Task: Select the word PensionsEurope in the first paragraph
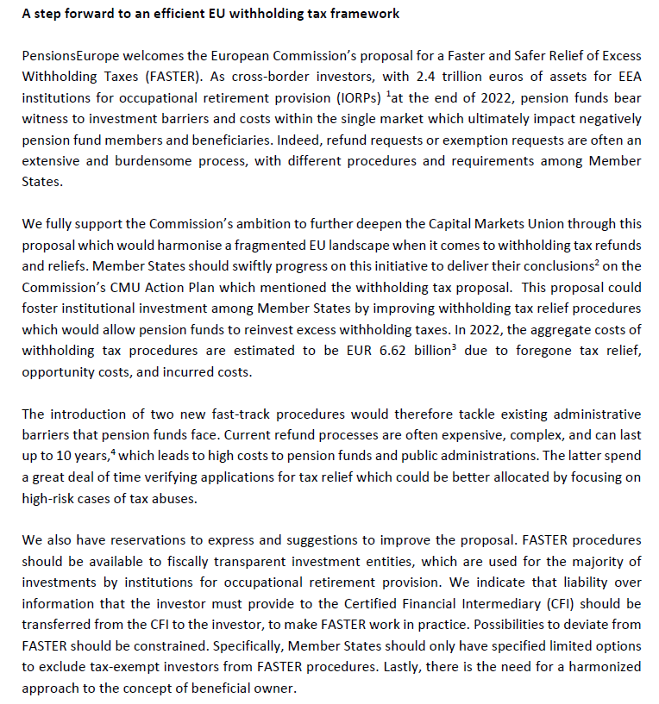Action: click(66, 55)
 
